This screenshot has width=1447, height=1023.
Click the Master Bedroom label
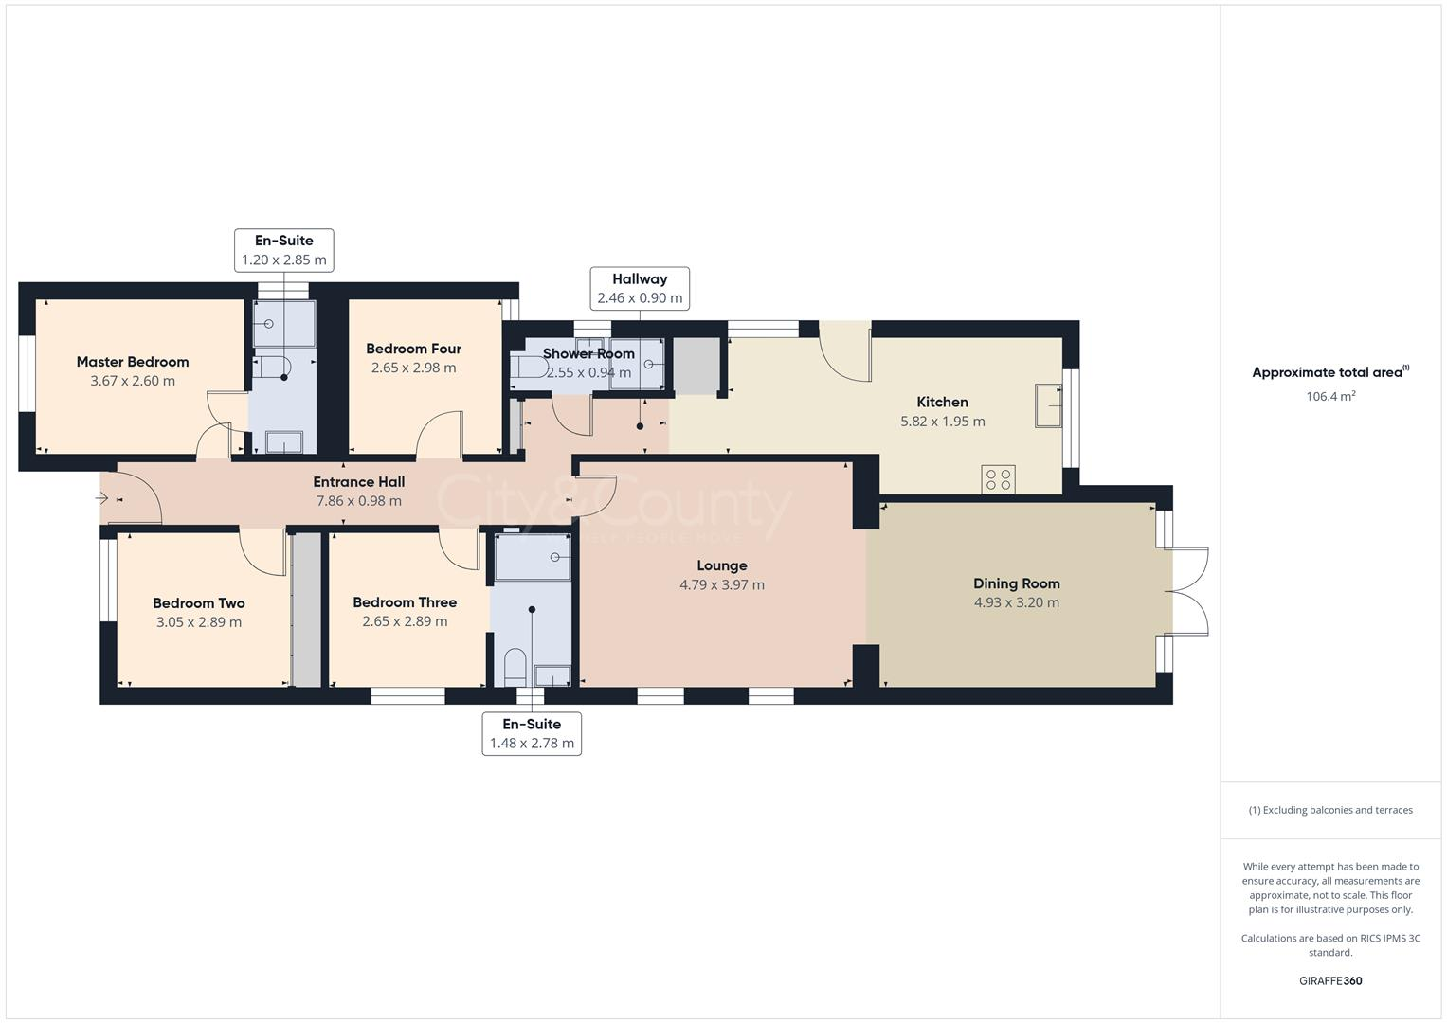tap(133, 362)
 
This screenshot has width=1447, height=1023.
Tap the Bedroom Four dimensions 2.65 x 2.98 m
tap(413, 368)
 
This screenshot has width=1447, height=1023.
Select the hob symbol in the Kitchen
tap(999, 479)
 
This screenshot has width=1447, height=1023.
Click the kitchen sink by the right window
tap(1048, 406)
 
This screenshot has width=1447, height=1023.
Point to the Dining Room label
tap(1017, 583)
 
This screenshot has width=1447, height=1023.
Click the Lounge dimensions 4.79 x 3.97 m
tap(722, 585)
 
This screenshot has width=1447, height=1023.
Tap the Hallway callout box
tap(640, 288)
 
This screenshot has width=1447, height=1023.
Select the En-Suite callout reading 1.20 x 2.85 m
tap(283, 250)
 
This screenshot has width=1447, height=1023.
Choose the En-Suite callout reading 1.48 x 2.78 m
tap(532, 734)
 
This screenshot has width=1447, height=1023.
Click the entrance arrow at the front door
tap(102, 497)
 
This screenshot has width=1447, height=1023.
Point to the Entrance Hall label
tap(359, 482)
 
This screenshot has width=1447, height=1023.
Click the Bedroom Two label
tap(199, 603)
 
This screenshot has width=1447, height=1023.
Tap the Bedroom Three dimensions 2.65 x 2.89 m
tap(405, 622)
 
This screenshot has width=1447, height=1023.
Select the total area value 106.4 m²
tap(1330, 397)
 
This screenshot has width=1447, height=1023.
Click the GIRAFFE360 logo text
tap(1330, 981)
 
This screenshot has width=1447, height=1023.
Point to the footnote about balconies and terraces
tap(1330, 810)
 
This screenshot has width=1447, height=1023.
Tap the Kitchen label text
tap(943, 402)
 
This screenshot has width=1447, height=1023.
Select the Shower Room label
tap(588, 354)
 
